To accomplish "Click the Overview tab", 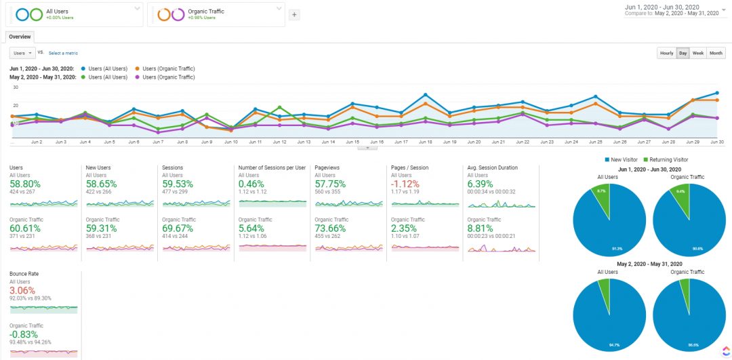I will tap(20, 37).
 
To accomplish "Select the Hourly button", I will tap(667, 53).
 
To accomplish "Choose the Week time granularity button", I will tap(697, 53).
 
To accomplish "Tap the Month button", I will tap(716, 53).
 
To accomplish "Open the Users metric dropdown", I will tap(22, 53).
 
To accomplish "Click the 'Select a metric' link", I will tap(63, 53).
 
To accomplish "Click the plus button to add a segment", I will tap(294, 15).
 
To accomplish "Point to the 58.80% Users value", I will tap(25, 184).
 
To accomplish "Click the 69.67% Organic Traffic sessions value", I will tap(178, 228).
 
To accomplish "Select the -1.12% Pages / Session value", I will tap(405, 184).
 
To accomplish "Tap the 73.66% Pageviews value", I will tap(331, 228).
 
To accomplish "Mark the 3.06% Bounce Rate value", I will tap(22, 290).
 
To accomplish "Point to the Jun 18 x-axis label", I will tap(425, 142).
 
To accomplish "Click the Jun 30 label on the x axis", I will tap(716, 142).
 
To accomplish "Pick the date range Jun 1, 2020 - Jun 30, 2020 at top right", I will tap(671, 7).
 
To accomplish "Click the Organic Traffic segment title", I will tap(206, 12).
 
